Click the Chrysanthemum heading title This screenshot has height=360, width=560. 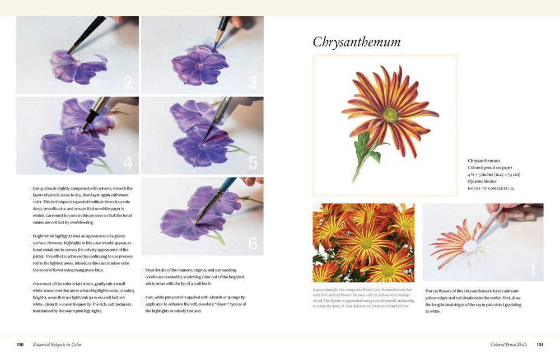[356, 42]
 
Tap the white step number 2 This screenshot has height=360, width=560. [128, 83]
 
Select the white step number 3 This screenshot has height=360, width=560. [253, 83]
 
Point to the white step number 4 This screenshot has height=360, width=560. [128, 163]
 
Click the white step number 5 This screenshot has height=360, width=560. [253, 163]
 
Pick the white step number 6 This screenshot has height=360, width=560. [253, 244]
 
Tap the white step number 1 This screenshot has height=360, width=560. [533, 270]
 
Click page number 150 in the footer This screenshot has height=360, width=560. [20, 344]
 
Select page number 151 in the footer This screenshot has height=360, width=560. [540, 344]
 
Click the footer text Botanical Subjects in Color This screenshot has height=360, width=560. [57, 344]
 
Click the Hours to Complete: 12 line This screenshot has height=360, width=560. [491, 188]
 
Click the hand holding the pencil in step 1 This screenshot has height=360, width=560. [512, 211]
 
